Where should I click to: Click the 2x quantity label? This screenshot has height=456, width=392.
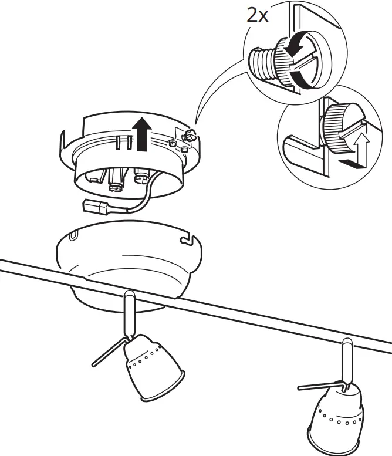[257, 15]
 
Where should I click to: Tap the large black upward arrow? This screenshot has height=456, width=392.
[141, 133]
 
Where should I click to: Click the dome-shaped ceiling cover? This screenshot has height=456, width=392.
[129, 258]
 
